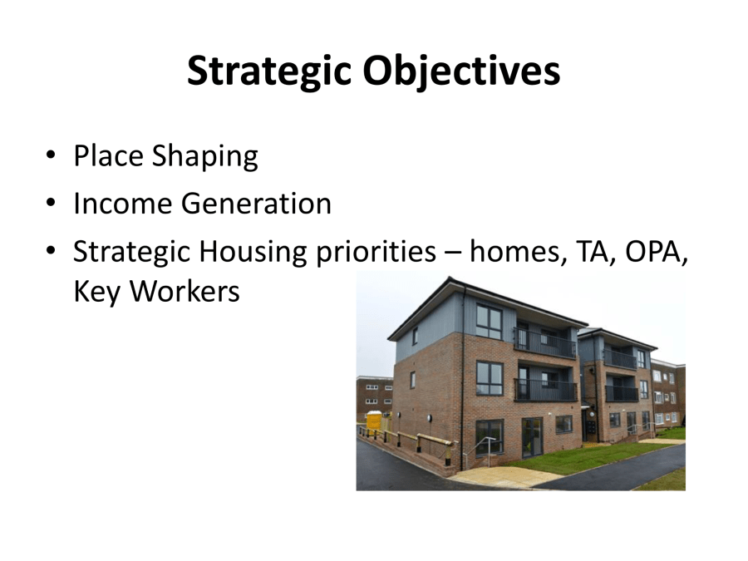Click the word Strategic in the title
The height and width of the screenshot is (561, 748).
pyautogui.click(x=269, y=71)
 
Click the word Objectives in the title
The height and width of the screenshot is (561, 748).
pyautogui.click(x=461, y=71)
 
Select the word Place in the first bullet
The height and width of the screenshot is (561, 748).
pyautogui.click(x=108, y=155)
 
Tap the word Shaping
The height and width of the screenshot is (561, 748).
pyautogui.click(x=205, y=156)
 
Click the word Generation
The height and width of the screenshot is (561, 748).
pyautogui.click(x=256, y=204)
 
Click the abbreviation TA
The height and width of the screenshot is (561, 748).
pyautogui.click(x=596, y=251)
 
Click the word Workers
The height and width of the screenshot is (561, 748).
pyautogui.click(x=185, y=291)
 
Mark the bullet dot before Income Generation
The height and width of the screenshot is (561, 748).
pyautogui.click(x=51, y=202)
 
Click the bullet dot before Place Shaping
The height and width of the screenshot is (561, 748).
pyautogui.click(x=51, y=155)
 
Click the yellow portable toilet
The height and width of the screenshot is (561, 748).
pyautogui.click(x=374, y=421)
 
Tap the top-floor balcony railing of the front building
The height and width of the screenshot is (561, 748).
pyautogui.click(x=544, y=343)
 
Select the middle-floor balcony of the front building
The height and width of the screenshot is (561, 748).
pyautogui.click(x=546, y=389)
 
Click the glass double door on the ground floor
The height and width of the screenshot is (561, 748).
pyautogui.click(x=533, y=437)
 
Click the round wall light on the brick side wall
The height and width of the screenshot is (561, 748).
pyautogui.click(x=430, y=418)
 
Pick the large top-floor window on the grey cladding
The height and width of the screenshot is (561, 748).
pyautogui.click(x=489, y=321)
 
